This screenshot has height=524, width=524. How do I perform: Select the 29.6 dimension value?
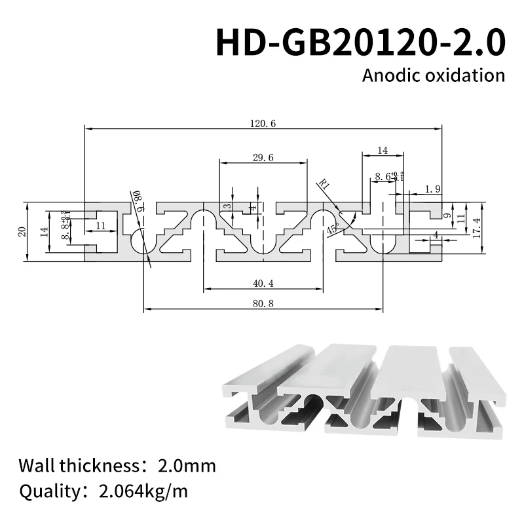[262, 157]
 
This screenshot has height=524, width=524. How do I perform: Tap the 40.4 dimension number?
[262, 283]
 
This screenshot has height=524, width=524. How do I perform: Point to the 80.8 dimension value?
[262, 303]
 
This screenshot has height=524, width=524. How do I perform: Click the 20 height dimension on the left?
[22, 231]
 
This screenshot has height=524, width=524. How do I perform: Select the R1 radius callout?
[322, 184]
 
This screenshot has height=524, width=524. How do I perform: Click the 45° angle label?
[333, 230]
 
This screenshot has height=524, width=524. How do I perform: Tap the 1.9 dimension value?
[432, 189]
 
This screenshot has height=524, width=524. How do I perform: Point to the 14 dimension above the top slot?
[382, 151]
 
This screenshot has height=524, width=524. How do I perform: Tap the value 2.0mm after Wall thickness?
[187, 466]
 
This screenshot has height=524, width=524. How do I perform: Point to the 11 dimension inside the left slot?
[100, 225]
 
